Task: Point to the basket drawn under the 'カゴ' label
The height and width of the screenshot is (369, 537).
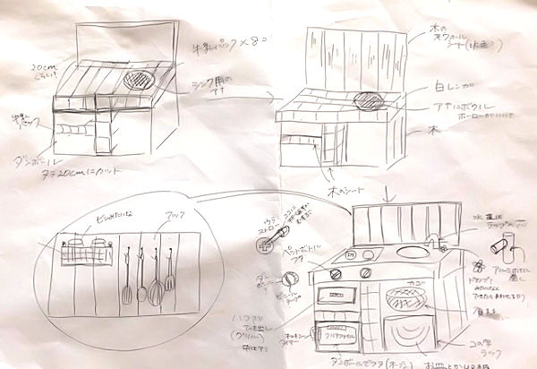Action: (403, 296)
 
